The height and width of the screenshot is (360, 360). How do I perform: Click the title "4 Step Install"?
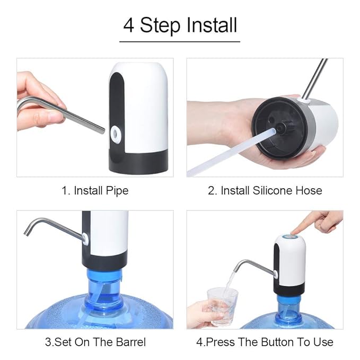(x=180, y=25)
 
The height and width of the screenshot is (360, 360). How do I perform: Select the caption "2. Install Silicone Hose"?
(x=265, y=190)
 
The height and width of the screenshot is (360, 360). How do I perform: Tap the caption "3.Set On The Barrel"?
(x=95, y=342)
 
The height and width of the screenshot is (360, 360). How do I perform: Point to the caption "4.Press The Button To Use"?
(x=265, y=342)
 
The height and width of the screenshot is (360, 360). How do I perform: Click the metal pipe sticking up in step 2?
(x=319, y=77)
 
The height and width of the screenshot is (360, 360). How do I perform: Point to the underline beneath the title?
(x=180, y=41)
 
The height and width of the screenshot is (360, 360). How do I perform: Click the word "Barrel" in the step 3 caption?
(x=130, y=342)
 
